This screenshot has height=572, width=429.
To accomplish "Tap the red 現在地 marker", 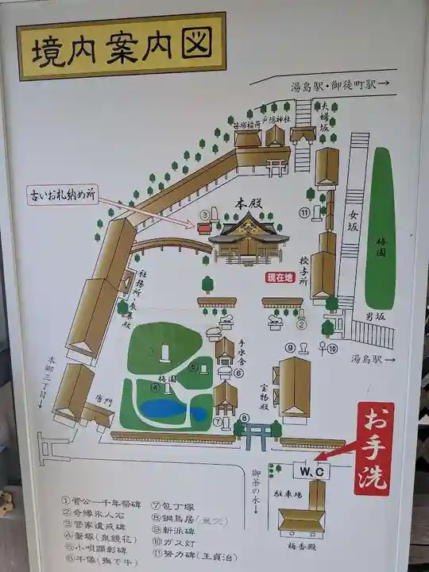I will pos(279,277).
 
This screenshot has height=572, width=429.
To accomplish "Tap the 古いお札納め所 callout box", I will pos(62,195).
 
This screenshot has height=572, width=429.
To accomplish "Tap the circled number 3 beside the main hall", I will pos(204,214).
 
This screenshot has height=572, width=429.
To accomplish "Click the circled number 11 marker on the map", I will pos(303,212).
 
